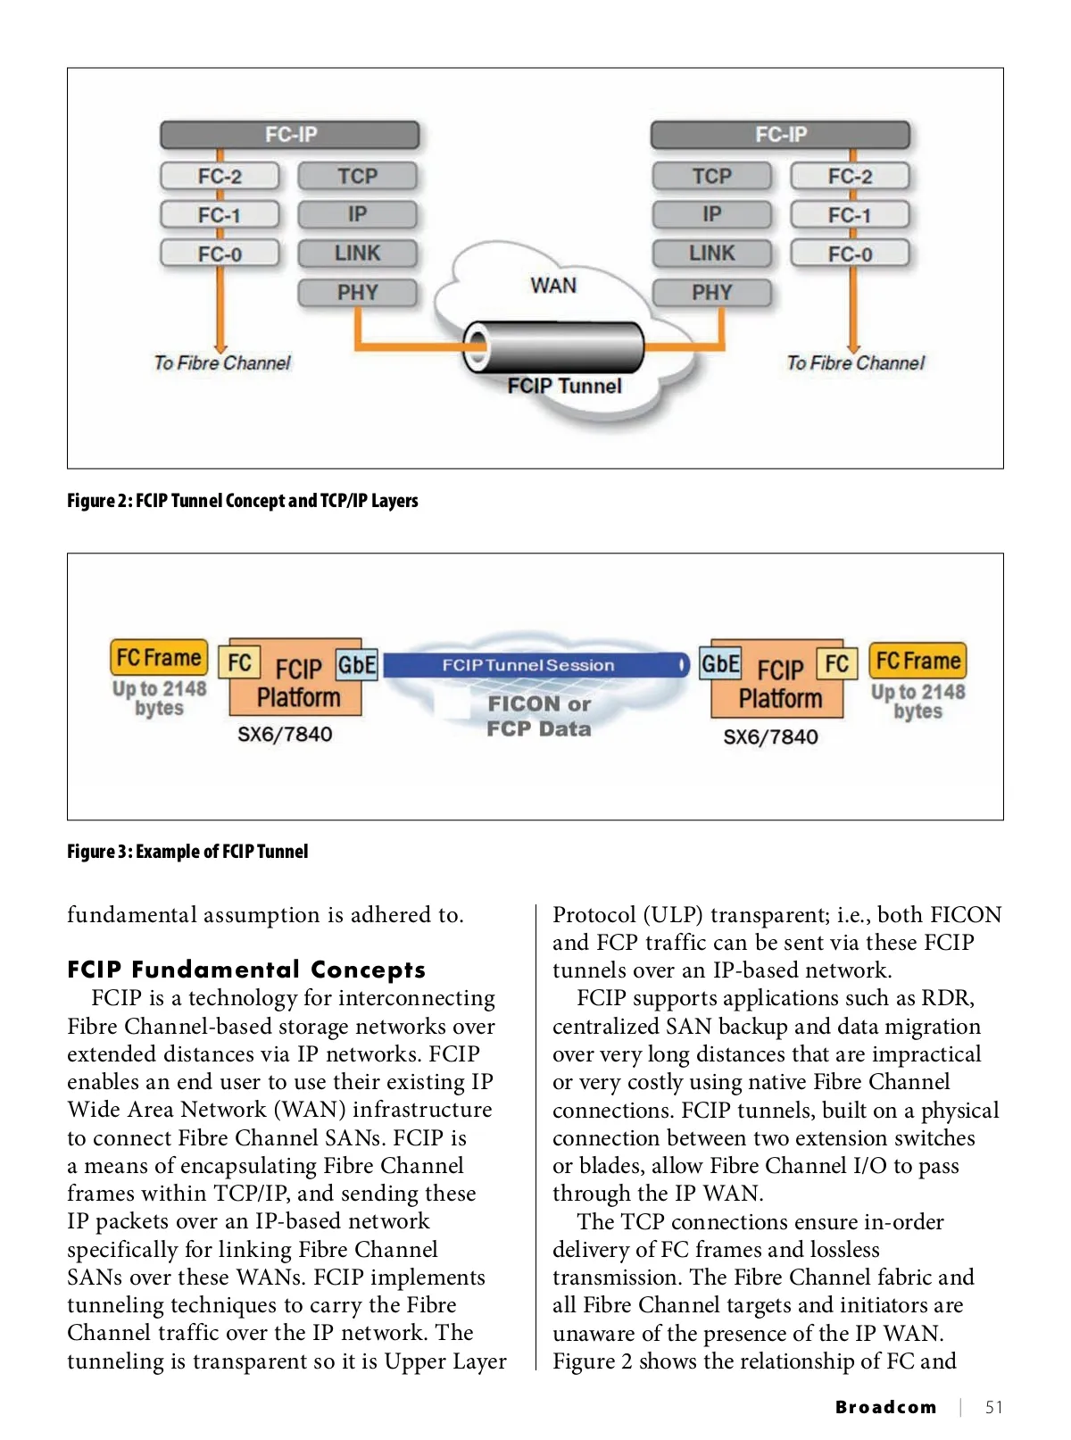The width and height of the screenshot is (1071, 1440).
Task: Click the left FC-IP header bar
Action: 290,135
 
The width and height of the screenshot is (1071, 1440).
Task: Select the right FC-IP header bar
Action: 780,135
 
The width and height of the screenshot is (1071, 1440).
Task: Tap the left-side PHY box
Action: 357,293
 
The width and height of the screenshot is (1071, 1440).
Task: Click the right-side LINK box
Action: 711,254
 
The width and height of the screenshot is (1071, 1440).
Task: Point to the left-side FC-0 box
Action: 220,254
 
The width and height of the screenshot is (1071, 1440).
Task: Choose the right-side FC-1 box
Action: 850,215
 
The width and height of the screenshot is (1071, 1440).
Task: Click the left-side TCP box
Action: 357,176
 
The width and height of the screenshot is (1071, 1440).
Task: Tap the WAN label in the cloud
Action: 553,286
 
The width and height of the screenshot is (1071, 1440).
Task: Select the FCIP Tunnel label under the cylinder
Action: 564,386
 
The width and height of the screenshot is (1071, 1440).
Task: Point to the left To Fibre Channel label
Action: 222,363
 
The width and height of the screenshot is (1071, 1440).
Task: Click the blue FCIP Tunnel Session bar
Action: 535,665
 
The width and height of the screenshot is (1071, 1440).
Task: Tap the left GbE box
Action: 356,664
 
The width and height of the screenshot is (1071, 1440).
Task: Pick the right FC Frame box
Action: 917,661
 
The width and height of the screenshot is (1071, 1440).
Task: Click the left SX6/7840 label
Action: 285,735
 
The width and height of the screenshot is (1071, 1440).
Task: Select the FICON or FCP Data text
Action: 539,717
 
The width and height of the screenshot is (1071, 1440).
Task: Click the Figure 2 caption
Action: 243,501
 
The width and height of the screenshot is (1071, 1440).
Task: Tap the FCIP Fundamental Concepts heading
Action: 246,970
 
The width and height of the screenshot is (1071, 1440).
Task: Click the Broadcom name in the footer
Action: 885,1408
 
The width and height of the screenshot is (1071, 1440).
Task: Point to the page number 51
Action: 993,1408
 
